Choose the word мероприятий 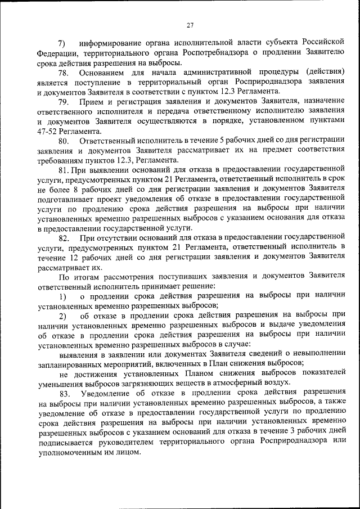point(130,363)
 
